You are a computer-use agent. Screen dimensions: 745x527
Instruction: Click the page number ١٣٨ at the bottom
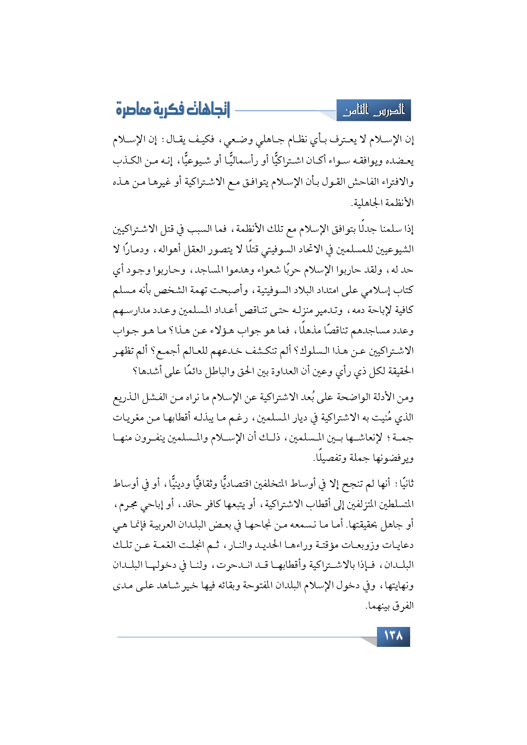[393, 636]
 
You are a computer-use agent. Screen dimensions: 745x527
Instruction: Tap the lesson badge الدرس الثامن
[374, 111]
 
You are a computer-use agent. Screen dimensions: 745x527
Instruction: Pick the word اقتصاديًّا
[252, 484]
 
